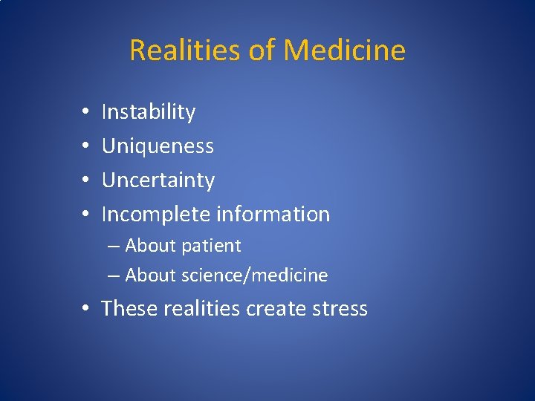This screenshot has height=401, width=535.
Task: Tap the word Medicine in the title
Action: [x=345, y=50]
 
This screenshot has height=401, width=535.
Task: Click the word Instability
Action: [x=149, y=112]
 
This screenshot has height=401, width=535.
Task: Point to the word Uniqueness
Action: [x=158, y=146]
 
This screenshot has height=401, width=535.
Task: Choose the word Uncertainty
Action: [x=158, y=180]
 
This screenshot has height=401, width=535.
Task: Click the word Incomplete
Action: [x=156, y=215]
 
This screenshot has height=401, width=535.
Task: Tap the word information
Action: [x=273, y=215]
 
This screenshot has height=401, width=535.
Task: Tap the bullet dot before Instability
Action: [x=86, y=113]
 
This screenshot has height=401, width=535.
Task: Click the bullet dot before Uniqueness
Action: [x=86, y=147]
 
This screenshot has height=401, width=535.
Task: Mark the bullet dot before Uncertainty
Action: [x=86, y=181]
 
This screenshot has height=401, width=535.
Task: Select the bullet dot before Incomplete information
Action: [x=86, y=215]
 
